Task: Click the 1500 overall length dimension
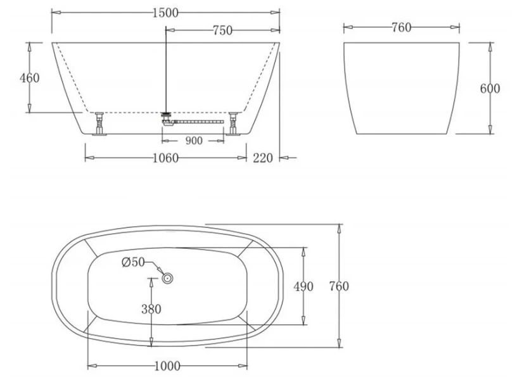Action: pos(165,12)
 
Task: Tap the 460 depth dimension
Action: pos(30,78)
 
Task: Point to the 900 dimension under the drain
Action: pos(194,141)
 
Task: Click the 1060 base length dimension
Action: pos(165,158)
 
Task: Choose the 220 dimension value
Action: pos(262,158)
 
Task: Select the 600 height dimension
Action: pos(490,89)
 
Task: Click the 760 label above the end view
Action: pos(401,27)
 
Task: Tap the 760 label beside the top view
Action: pos(339,286)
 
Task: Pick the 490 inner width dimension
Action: pos(303,286)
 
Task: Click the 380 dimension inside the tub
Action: pos(151,309)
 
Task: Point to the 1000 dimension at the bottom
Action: pos(166,365)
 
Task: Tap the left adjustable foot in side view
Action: pos(99,123)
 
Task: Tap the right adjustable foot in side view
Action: pos(234,123)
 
